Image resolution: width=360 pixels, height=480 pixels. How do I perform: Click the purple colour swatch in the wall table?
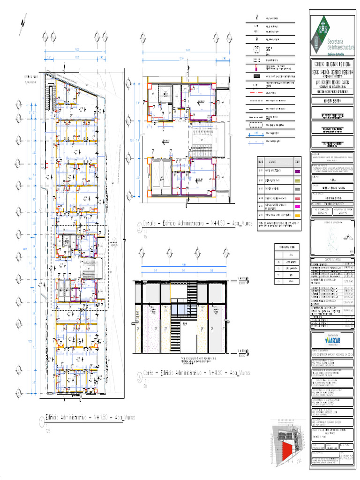click(297, 172)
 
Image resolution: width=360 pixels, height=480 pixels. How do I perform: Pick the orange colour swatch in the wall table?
click(297, 215)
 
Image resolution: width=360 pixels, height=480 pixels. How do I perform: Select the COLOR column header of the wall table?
click(297, 161)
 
